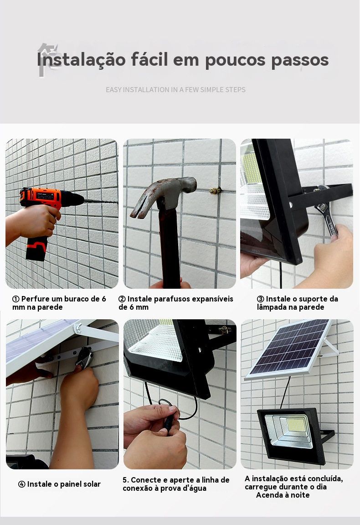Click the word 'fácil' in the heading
coord(149,59)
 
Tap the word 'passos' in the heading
coord(300,60)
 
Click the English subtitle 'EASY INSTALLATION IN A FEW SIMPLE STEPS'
coord(175,90)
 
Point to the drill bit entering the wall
coord(101,201)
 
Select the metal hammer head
coord(164,195)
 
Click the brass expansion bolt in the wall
coord(216,191)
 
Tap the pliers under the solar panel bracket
coord(84,358)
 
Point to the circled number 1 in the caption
coord(16,299)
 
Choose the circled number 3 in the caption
coord(261,299)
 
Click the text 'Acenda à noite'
coord(283,495)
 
